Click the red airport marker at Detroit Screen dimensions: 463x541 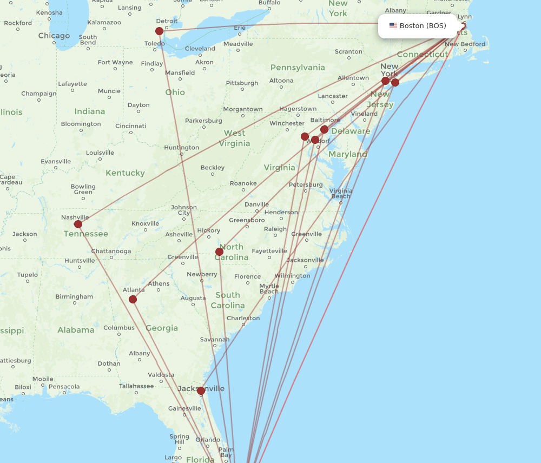159,31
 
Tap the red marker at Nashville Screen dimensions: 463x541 78,224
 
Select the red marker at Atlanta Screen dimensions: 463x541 133,299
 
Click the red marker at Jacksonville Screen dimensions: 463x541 201,391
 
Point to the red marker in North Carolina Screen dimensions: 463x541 219,252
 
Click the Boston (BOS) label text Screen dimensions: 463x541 423,25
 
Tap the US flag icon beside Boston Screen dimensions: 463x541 393,25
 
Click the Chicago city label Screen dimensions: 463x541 54,36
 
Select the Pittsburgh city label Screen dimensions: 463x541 242,83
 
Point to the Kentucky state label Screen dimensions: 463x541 125,173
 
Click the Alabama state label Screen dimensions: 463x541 76,330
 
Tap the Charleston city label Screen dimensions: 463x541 243,318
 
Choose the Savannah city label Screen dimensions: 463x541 214,340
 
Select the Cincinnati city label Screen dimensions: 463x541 130,126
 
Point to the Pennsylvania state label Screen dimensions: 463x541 298,68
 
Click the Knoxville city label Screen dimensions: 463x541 145,223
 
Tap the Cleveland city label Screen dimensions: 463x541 200,49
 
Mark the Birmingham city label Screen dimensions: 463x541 74,296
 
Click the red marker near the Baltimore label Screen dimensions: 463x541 324,129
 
